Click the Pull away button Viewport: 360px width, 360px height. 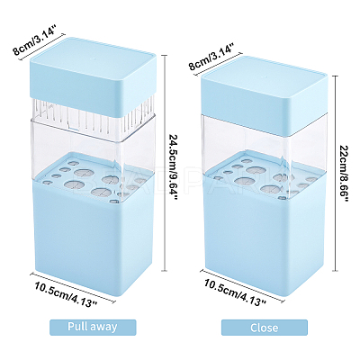tap(93, 328)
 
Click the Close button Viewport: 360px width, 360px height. tap(265, 328)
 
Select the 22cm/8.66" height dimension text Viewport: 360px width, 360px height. tap(343, 174)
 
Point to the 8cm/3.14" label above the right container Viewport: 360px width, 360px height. tap(211, 57)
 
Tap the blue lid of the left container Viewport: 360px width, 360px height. tap(93, 76)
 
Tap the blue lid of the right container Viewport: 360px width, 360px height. tap(264, 94)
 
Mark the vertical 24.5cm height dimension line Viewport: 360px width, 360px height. tap(164, 164)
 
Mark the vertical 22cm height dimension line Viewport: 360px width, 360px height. tap(336, 173)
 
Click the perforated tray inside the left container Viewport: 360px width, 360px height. tap(93, 180)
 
